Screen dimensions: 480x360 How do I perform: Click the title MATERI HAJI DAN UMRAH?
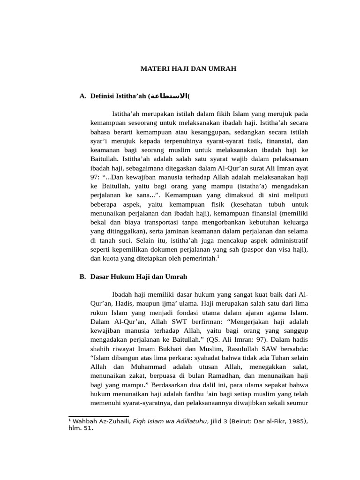(189, 68)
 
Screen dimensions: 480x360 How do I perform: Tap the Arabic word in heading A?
(168, 96)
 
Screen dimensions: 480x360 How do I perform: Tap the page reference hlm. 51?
(81, 428)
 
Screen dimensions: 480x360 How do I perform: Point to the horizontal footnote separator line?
(98, 416)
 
